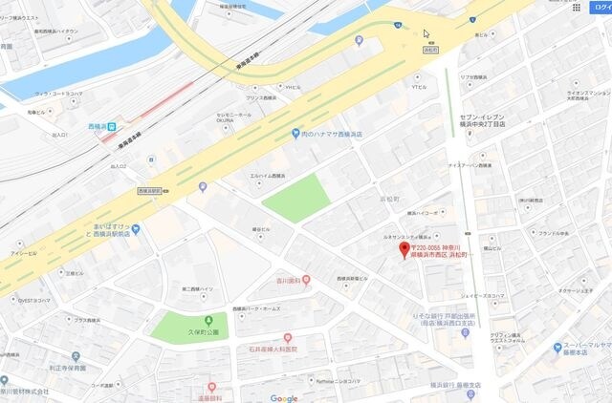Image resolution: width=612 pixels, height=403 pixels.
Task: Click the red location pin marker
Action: (403, 250)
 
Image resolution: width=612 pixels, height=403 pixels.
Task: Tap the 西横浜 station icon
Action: (112, 125)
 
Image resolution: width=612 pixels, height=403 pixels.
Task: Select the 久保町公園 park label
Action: (204, 332)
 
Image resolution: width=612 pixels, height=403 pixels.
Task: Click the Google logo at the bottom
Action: (284, 397)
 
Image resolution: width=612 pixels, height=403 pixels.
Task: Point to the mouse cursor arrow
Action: (426, 33)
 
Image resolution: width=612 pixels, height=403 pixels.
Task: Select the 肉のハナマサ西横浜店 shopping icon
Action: (296, 133)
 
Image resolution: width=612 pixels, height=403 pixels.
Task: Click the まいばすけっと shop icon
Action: (136, 229)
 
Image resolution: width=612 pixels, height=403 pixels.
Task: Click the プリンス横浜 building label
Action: (261, 97)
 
